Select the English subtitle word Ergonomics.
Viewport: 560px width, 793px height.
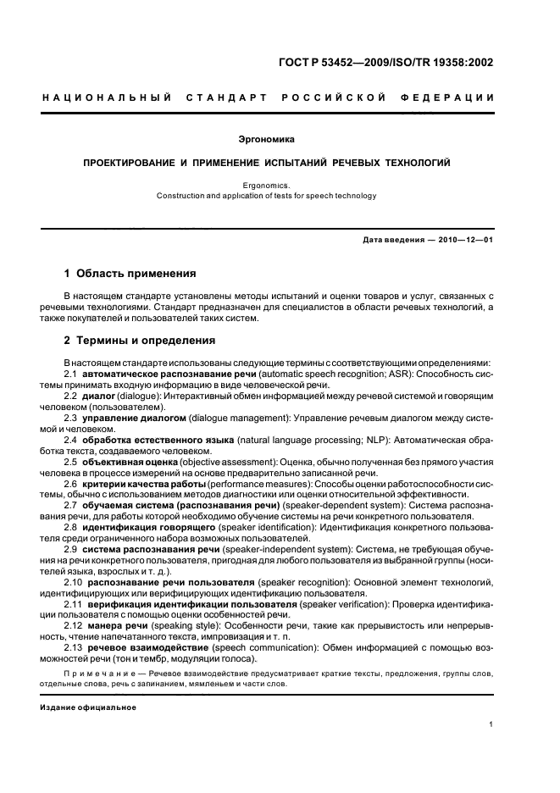267,185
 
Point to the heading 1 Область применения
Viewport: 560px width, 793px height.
130,274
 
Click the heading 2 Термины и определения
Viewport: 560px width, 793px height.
140,341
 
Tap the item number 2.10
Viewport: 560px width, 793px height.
73,583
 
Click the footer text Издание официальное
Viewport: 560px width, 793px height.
88,707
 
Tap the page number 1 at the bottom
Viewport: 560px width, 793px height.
491,725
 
